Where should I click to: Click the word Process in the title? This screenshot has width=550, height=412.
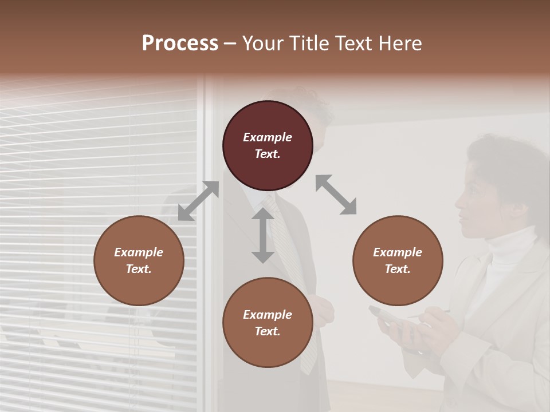pyautogui.click(x=180, y=43)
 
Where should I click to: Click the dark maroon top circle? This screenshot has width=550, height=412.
pyautogui.click(x=268, y=145)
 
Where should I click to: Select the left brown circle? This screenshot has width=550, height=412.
pyautogui.click(x=139, y=260)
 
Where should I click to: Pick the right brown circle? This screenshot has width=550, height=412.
pyautogui.click(x=398, y=260)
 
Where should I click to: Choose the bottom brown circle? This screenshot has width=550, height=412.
pyautogui.click(x=268, y=323)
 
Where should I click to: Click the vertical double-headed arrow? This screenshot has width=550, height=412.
pyautogui.click(x=263, y=235)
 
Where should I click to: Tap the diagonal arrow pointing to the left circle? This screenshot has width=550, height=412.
pyautogui.click(x=198, y=201)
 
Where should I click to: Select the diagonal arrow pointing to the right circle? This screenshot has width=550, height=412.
pyautogui.click(x=336, y=195)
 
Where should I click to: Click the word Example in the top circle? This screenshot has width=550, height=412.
pyautogui.click(x=268, y=137)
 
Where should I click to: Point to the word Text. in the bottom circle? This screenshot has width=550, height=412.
pyautogui.click(x=268, y=331)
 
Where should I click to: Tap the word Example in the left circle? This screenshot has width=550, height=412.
pyautogui.click(x=139, y=252)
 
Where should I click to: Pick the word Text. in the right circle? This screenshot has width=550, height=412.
pyautogui.click(x=398, y=269)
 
